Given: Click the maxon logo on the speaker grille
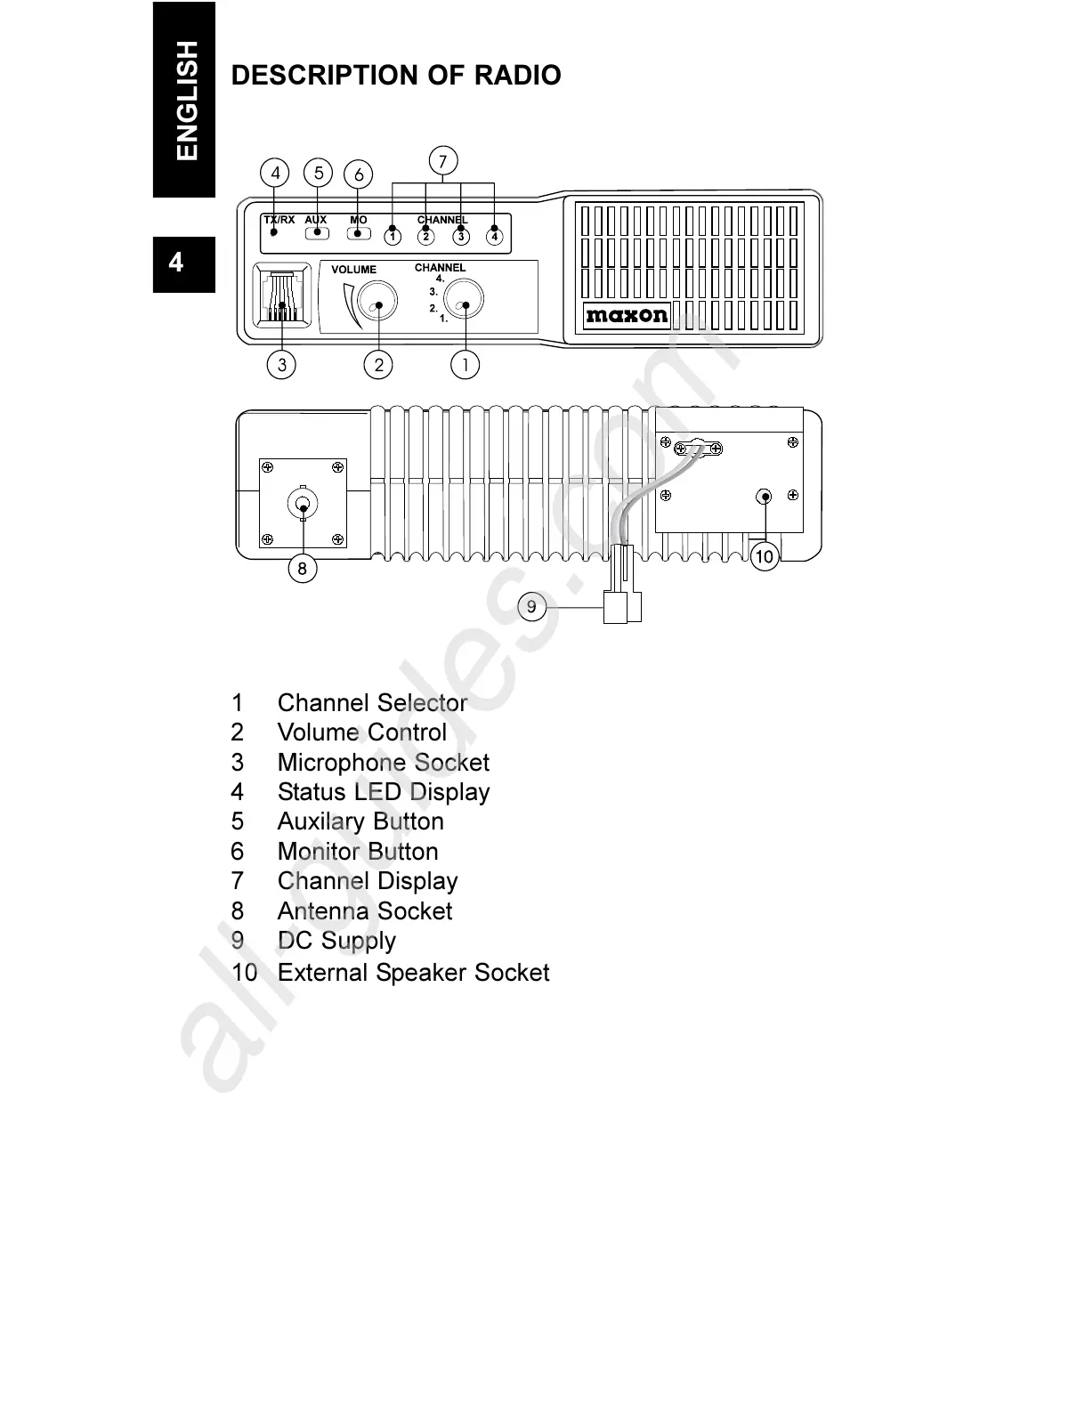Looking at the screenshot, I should (627, 315).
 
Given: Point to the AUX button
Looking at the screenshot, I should (317, 233).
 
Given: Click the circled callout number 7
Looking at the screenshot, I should (442, 161).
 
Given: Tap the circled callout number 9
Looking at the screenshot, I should (531, 607).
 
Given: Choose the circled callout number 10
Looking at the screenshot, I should (765, 557).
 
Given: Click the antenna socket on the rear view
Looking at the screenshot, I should (303, 505).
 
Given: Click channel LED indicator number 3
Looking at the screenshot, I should (460, 236).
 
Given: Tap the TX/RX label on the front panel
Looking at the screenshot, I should (279, 219).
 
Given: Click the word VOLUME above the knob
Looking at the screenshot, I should (353, 270).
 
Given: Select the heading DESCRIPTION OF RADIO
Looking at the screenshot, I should (396, 75).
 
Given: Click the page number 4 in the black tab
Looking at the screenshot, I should (176, 262).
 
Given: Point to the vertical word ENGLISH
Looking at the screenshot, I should (186, 100).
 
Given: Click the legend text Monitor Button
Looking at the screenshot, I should (357, 852).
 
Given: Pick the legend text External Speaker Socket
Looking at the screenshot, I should (413, 972).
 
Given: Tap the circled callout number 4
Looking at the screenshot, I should (275, 173).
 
